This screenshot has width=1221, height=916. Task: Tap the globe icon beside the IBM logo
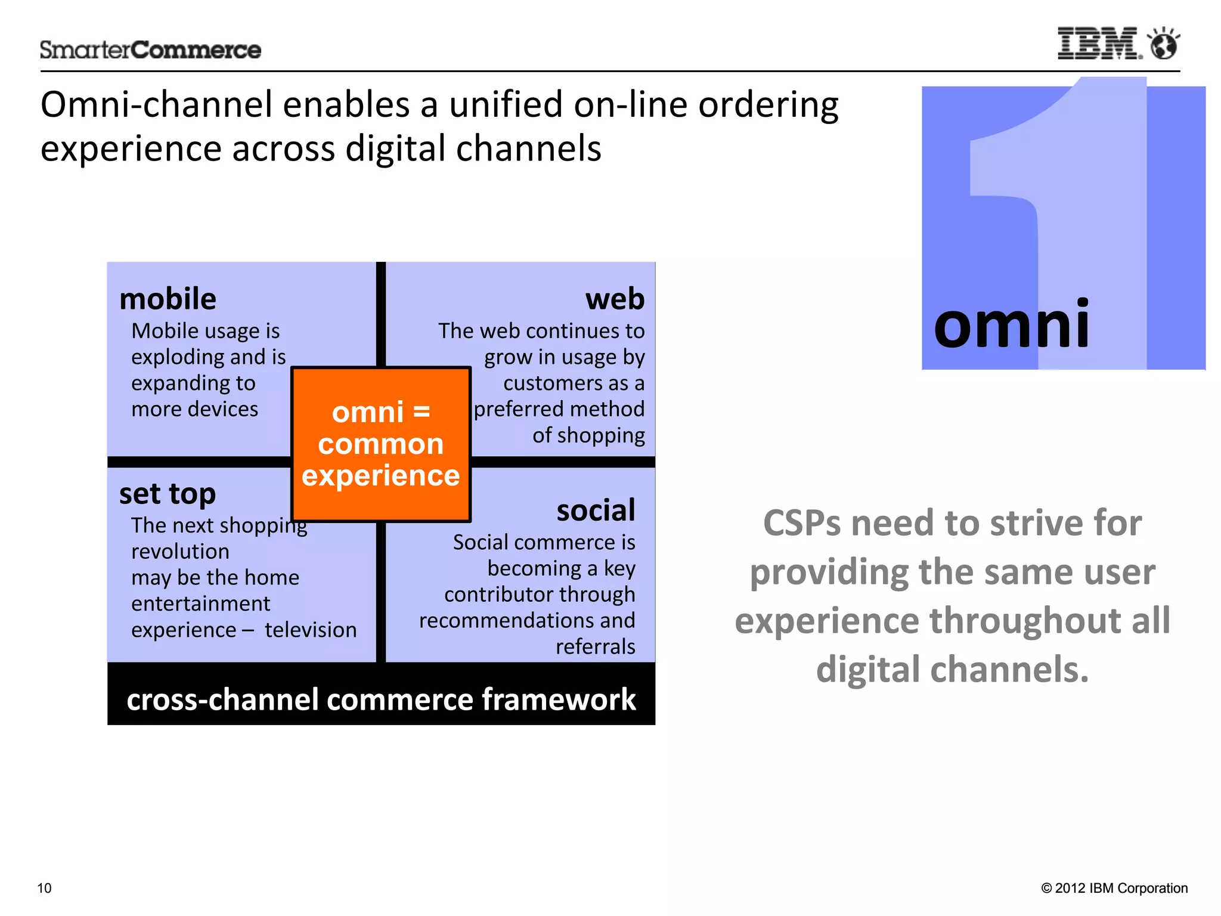pos(1164,44)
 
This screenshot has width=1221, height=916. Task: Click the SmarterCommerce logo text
pos(150,50)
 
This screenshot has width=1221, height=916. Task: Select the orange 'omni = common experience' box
pos(381,444)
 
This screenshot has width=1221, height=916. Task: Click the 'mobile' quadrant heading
pos(168,299)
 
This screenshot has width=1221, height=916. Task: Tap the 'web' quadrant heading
pos(615,299)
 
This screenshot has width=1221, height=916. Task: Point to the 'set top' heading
pos(168,494)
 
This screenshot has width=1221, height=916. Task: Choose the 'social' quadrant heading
pos(596,510)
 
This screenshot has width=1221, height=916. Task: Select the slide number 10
pos(45,888)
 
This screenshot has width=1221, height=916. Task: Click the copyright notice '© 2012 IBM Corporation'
pos(1114,888)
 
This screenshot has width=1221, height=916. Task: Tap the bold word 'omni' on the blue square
pos(1012,324)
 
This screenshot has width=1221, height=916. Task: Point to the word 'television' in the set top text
pos(311,630)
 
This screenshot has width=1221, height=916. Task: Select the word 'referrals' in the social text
pos(595,646)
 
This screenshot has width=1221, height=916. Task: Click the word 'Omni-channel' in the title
pos(156,105)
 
